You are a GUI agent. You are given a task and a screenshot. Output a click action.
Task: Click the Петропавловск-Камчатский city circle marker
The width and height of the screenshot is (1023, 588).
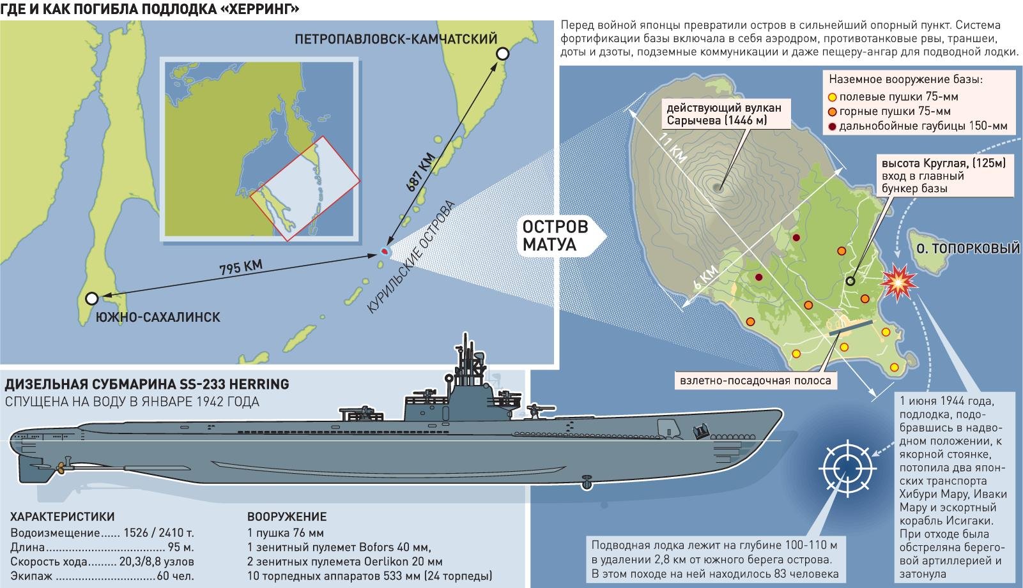coord(504,54)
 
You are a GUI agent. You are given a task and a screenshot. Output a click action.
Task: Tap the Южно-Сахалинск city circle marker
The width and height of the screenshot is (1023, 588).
coord(92,298)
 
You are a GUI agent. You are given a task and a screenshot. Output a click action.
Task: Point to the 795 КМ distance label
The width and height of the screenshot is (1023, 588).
coord(240,267)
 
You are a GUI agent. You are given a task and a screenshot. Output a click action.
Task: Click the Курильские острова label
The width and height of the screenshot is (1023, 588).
coord(412,258)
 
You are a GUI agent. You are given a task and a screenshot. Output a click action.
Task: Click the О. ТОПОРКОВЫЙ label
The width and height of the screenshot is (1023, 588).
coord(967,248)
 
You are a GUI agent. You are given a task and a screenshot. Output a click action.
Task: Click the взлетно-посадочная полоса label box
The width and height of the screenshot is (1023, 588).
coord(755,381)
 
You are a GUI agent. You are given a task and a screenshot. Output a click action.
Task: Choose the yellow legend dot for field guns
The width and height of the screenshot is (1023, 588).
coord(832,98)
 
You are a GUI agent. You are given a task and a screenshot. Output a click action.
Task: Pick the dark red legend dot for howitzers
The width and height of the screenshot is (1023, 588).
coord(832,126)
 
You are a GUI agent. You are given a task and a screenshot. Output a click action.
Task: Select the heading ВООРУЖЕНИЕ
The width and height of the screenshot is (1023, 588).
coord(287,517)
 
